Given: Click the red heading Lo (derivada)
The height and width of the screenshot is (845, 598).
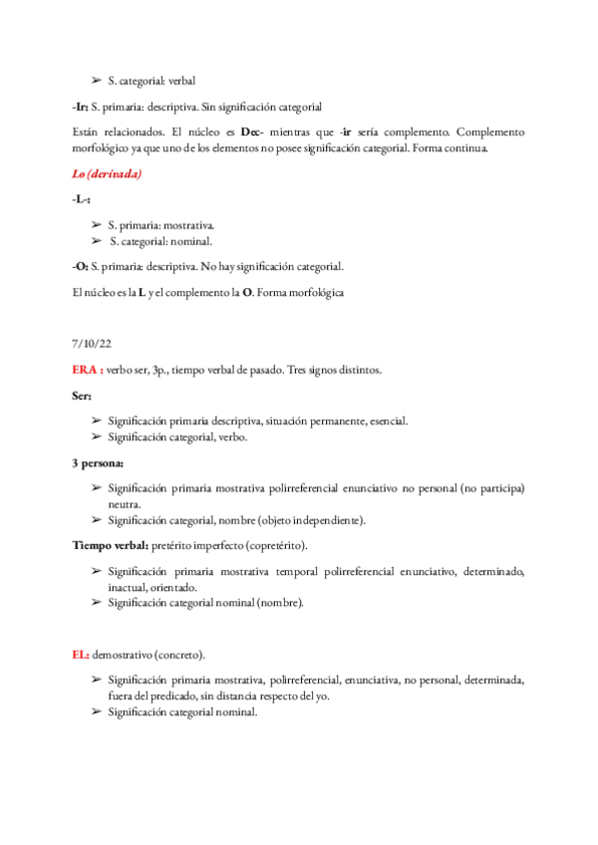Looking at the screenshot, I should pos(107,174).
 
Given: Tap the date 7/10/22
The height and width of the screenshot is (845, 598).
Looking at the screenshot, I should pos(91,344).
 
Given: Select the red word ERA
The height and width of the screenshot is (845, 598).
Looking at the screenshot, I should pos(86,370).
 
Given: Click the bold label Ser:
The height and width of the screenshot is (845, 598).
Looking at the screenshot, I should pos(83,396).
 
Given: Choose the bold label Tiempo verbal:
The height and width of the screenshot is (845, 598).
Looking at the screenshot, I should pos(110,546).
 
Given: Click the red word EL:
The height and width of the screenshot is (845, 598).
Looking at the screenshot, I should pos(81,655).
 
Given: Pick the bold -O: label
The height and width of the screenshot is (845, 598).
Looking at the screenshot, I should pos(80,266).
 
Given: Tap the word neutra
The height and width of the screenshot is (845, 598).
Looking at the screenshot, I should pos(125,504).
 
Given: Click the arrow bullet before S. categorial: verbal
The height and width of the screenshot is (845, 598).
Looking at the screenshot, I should pos(96,81).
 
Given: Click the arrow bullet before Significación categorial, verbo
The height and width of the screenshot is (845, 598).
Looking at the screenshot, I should pos(96,436).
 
